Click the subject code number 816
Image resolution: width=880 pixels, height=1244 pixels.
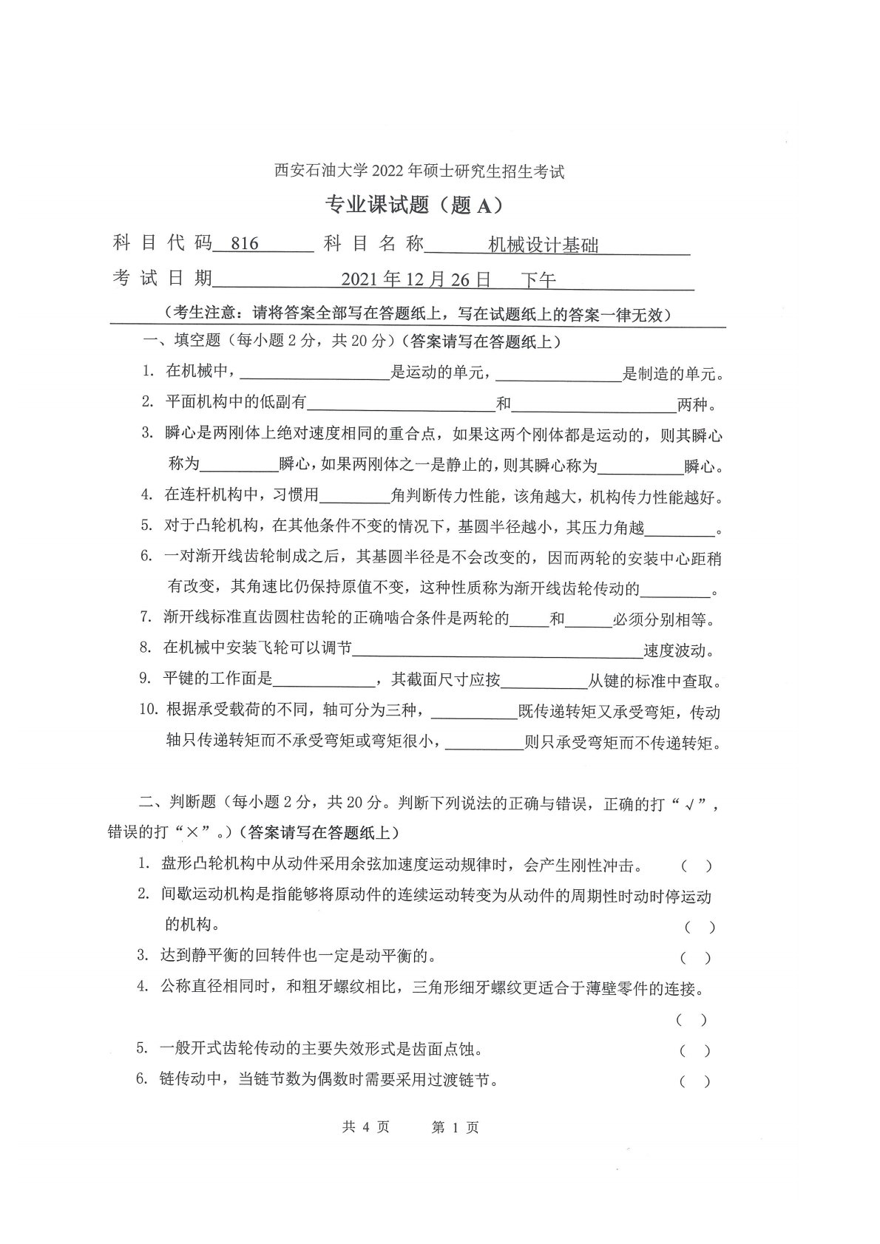coord(245,244)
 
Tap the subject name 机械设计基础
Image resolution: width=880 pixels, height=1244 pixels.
coord(544,245)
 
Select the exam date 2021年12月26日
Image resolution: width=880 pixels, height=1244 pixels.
coord(416,279)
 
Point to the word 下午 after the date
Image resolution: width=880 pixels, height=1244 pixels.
coord(538,279)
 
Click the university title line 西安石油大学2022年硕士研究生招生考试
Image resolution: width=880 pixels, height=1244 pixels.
coord(419,171)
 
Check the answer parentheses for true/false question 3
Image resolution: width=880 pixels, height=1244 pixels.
coord(696,958)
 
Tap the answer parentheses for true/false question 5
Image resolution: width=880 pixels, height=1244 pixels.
coord(696,1050)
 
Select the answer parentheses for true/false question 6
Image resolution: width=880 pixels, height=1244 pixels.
coord(696,1081)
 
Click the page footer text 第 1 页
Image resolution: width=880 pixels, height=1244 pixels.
coord(455,1127)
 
